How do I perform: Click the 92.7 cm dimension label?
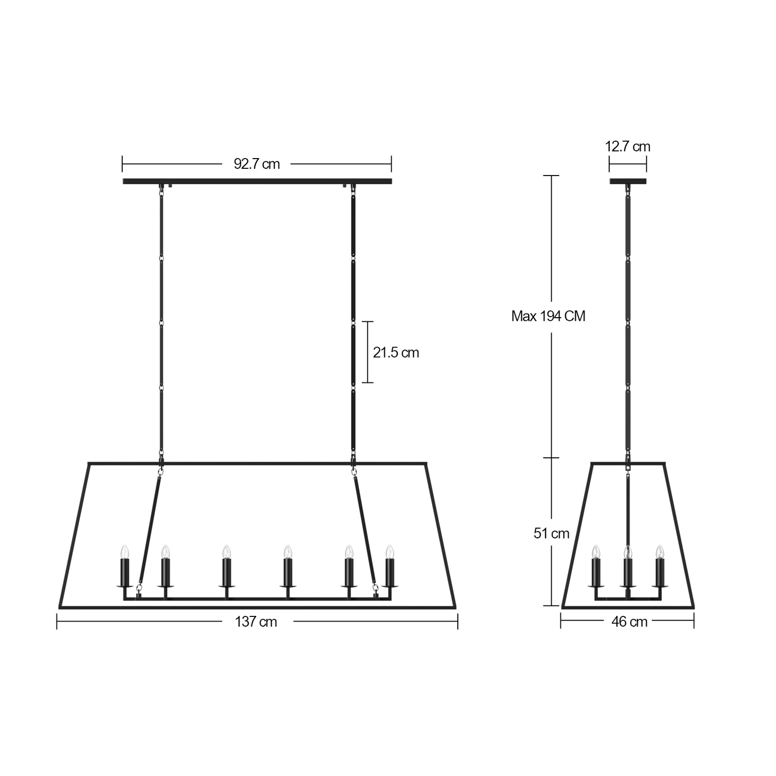[257, 164]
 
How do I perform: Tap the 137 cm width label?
[256, 622]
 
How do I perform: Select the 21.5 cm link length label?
[396, 353]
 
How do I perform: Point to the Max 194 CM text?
[548, 316]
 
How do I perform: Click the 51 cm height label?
[551, 534]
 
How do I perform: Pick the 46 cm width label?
[629, 622]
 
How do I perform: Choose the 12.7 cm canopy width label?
[627, 147]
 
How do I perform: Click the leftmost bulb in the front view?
[124, 552]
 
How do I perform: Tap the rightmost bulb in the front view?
[390, 552]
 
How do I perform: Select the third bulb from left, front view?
[226, 552]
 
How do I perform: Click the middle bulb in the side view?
[627, 552]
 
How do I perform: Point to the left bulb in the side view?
[595, 552]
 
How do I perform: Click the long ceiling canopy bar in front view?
[257, 181]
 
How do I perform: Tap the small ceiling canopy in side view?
[628, 181]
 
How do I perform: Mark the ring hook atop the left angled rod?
[161, 470]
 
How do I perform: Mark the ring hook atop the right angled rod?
[354, 470]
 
